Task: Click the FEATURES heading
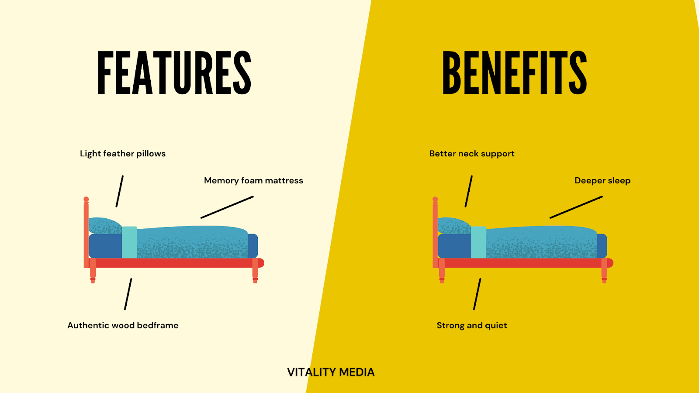pos(174,72)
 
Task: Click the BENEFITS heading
pos(514,72)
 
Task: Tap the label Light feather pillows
pos(123,154)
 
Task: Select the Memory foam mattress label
pos(253,181)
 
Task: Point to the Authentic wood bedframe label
pos(123,325)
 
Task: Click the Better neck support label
pos(472,154)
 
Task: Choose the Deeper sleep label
pos(602,181)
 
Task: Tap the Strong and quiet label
pos(472,325)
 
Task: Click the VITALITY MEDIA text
pos(331,372)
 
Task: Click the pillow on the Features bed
pos(105,226)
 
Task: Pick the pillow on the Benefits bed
pos(454,226)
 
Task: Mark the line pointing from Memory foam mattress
pos(227,207)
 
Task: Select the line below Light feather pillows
pos(119,191)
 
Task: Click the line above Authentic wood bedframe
pos(128,294)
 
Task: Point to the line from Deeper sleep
pos(576,207)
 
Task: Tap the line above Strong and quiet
pos(477,294)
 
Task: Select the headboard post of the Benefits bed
pos(435,231)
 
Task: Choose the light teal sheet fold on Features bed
pos(129,242)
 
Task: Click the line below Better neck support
pos(468,191)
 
